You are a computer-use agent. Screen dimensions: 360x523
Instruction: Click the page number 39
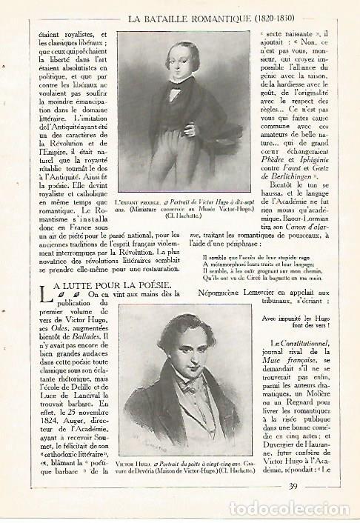[x=293, y=486]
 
